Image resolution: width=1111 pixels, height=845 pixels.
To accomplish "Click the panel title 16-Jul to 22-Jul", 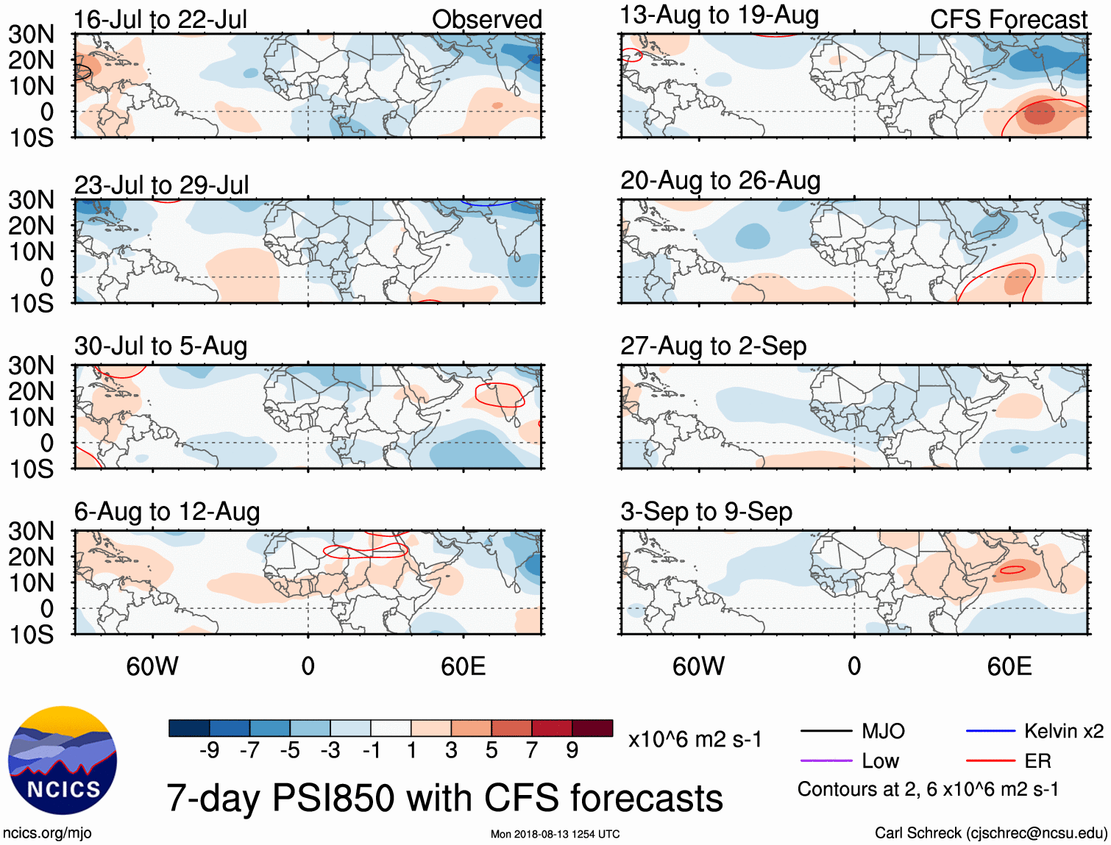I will click(160, 19).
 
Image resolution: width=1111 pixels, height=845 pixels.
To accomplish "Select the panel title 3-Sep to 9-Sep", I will click(706, 511).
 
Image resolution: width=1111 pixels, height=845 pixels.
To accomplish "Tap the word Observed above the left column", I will click(486, 19).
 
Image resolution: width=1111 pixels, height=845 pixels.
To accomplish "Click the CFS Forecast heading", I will click(1008, 19).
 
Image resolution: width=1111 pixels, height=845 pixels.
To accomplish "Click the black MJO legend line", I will click(826, 731).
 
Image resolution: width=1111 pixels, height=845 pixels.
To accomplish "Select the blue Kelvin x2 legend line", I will click(990, 731).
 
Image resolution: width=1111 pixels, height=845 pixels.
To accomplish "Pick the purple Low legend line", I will click(826, 760).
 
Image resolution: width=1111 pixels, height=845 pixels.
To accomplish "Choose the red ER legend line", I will click(990, 760).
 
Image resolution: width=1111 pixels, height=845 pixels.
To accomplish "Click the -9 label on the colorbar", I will click(209, 749).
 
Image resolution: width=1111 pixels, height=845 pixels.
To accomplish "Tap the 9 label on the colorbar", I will click(572, 749).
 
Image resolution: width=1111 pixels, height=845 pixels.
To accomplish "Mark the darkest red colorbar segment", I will click(592, 728).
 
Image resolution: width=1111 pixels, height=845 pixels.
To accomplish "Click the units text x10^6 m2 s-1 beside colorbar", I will click(695, 739).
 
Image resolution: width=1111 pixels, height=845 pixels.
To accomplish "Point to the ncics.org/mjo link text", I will click(47, 832).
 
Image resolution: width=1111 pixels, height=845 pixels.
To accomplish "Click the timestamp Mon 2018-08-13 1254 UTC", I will click(555, 834).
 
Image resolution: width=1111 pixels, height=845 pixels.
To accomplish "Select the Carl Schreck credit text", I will click(990, 832).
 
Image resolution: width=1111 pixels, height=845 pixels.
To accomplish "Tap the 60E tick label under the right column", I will click(1009, 666).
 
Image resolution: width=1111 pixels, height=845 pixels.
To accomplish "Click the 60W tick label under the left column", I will click(152, 666).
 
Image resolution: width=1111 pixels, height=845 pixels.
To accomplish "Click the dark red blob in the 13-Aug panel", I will click(1039, 114).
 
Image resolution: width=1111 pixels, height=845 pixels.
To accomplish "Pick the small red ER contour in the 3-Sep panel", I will click(1012, 569).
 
